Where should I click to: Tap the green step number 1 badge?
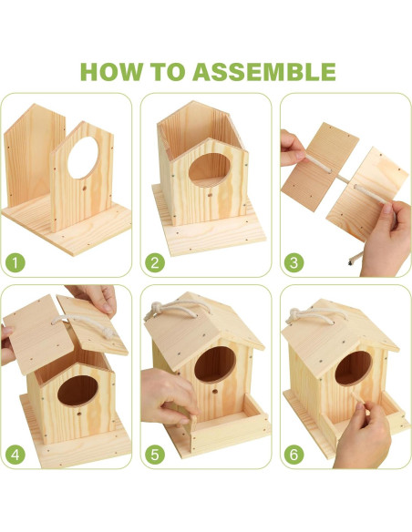[x=15, y=262]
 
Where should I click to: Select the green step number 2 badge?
[x=155, y=262]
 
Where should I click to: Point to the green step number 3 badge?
[x=294, y=262]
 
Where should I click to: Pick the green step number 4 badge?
[x=15, y=455]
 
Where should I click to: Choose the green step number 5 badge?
[x=155, y=455]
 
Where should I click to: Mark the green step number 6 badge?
[x=294, y=455]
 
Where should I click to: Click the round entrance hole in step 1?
[x=83, y=158]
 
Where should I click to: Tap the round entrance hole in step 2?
[x=210, y=169]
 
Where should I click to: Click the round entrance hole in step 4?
[x=77, y=391]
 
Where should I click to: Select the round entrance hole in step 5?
[x=215, y=364]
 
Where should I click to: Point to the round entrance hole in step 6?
[x=354, y=368]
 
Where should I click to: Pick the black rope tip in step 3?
[x=351, y=261]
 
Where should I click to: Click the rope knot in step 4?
[x=109, y=332]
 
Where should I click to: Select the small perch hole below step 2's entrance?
[x=210, y=195]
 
